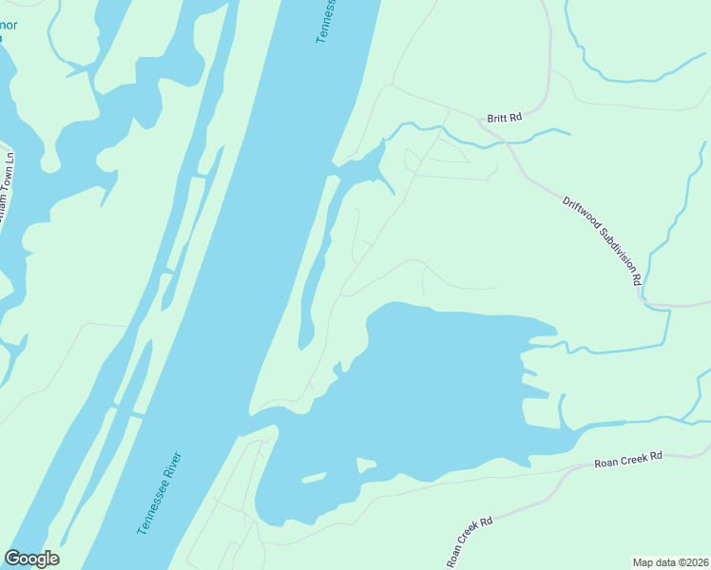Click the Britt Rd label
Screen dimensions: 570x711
(x=505, y=118)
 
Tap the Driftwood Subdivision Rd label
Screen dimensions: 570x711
(x=603, y=241)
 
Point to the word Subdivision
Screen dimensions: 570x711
(x=614, y=252)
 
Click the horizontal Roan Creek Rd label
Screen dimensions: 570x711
(x=627, y=461)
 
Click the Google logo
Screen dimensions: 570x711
(x=31, y=559)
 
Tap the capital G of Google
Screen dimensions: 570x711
(x=12, y=559)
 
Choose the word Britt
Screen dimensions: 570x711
(x=496, y=118)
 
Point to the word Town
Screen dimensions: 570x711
(x=9, y=202)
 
